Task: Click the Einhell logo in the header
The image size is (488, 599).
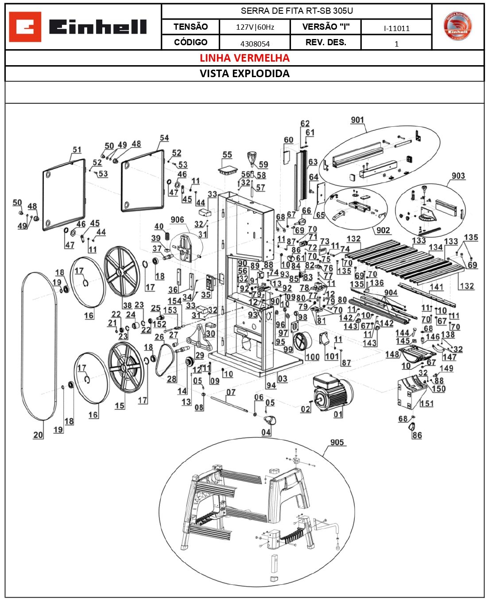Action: coord(78,27)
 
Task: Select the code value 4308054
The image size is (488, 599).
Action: coord(255,43)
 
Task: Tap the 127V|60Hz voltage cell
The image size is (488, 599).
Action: coord(255,27)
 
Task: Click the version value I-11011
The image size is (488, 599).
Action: coord(396,28)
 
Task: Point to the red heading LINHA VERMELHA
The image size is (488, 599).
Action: coord(244,58)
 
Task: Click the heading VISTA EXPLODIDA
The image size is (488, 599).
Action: coord(244,74)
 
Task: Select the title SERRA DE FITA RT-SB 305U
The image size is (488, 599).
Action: coord(296,11)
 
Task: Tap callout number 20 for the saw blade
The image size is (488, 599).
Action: coord(39,435)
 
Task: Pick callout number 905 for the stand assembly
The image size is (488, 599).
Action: coord(337,442)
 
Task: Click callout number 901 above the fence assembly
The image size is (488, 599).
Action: coord(357,120)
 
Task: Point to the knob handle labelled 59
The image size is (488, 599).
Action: coord(252,158)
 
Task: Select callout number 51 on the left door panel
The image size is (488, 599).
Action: coord(77,149)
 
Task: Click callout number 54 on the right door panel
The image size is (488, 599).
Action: coord(164,138)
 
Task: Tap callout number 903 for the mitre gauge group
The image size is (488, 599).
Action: coord(458,176)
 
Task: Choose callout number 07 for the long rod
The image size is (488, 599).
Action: coord(231,392)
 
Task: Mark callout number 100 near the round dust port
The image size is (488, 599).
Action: coord(312,356)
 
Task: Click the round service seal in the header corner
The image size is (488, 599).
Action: coord(457,26)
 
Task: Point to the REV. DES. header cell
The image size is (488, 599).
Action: coord(325,43)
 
